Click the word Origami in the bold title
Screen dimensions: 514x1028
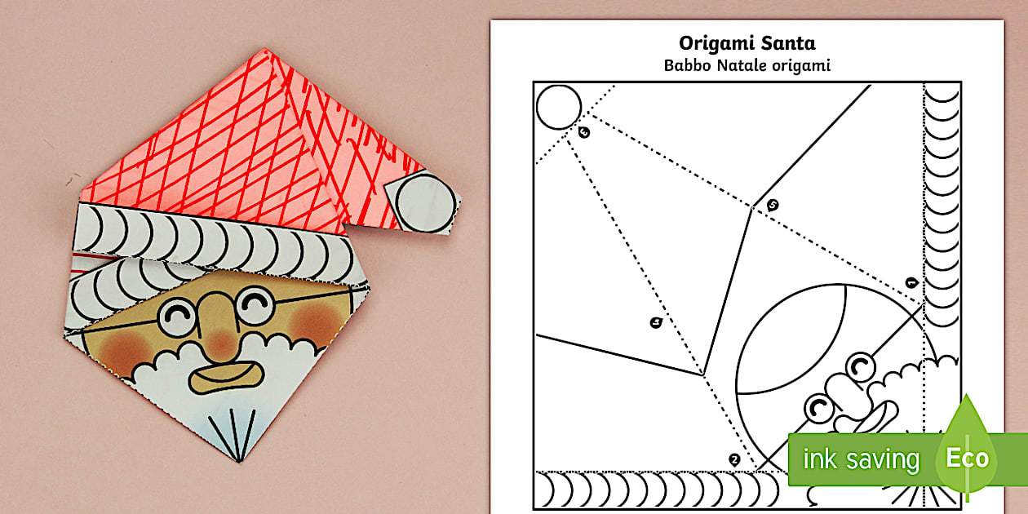712,43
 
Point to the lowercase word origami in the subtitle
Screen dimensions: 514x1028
801,65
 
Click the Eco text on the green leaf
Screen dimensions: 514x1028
967,458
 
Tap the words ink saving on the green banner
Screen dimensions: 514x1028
861,459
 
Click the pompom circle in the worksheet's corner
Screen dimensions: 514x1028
559,107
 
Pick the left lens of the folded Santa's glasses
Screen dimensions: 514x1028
177,316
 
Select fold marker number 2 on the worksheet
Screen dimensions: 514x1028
734,460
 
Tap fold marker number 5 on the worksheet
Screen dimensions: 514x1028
773,206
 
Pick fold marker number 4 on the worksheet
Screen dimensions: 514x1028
583,132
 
